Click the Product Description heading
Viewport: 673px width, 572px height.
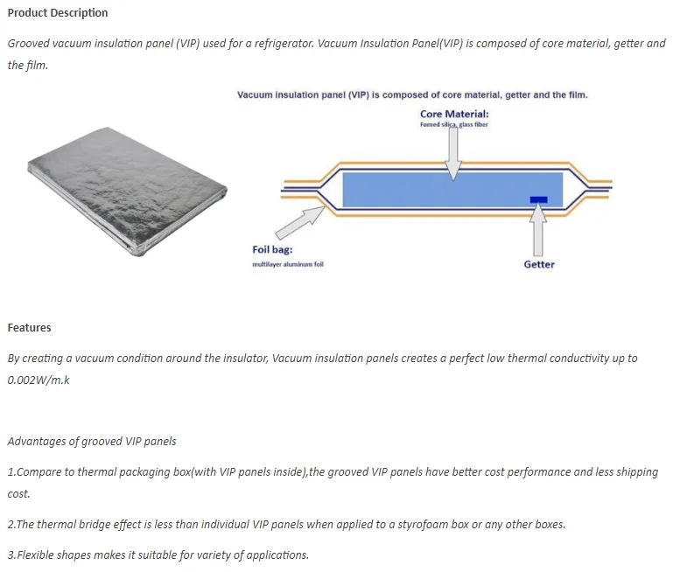pyautogui.click(x=58, y=13)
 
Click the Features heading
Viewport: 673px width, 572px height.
pyautogui.click(x=30, y=328)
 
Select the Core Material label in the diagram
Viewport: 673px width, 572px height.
pyautogui.click(x=454, y=114)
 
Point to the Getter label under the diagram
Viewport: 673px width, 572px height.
pyautogui.click(x=539, y=264)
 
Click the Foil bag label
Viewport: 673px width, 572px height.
pyautogui.click(x=272, y=249)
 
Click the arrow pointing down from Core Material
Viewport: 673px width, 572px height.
pyautogui.click(x=453, y=152)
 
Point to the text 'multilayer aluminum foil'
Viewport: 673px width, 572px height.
pyautogui.click(x=288, y=264)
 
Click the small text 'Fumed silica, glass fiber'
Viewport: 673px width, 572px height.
pyautogui.click(x=454, y=125)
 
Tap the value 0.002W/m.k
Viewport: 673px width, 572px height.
pyautogui.click(x=39, y=380)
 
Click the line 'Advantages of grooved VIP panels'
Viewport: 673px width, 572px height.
pyautogui.click(x=92, y=441)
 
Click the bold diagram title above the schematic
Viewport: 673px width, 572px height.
pyautogui.click(x=412, y=94)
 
